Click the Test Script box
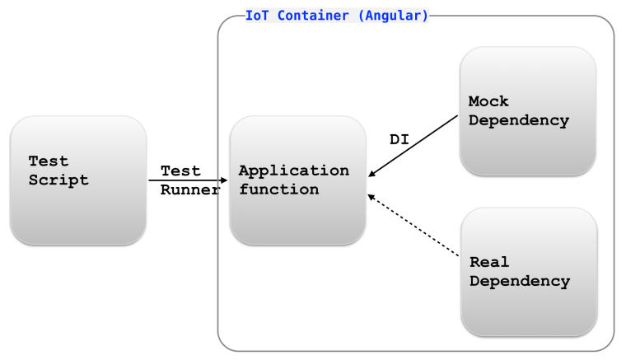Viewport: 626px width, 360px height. (78, 180)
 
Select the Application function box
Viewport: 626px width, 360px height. (297, 180)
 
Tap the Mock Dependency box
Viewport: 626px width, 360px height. (528, 110)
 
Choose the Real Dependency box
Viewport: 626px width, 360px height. (528, 271)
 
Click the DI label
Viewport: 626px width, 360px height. (399, 140)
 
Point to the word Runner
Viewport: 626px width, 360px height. (190, 189)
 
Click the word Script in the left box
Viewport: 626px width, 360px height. (58, 180)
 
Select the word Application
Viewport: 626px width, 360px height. (294, 171)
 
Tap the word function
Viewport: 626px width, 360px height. (278, 189)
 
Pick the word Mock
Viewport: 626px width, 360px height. (488, 101)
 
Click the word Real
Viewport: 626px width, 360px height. (489, 262)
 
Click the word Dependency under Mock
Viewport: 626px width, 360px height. (519, 120)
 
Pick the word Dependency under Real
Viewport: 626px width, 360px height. (520, 281)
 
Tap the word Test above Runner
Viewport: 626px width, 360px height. (180, 171)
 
